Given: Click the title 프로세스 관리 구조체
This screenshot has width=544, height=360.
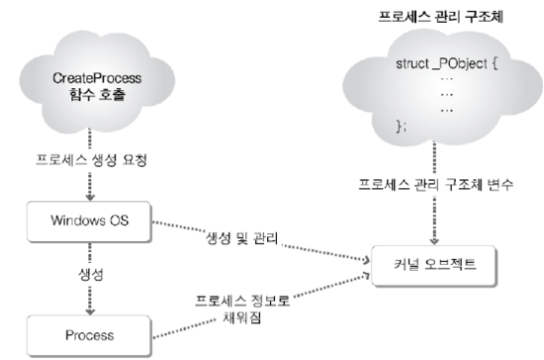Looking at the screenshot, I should click(x=432, y=18).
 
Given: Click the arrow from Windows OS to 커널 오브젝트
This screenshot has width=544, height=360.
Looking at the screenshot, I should click(x=267, y=247).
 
